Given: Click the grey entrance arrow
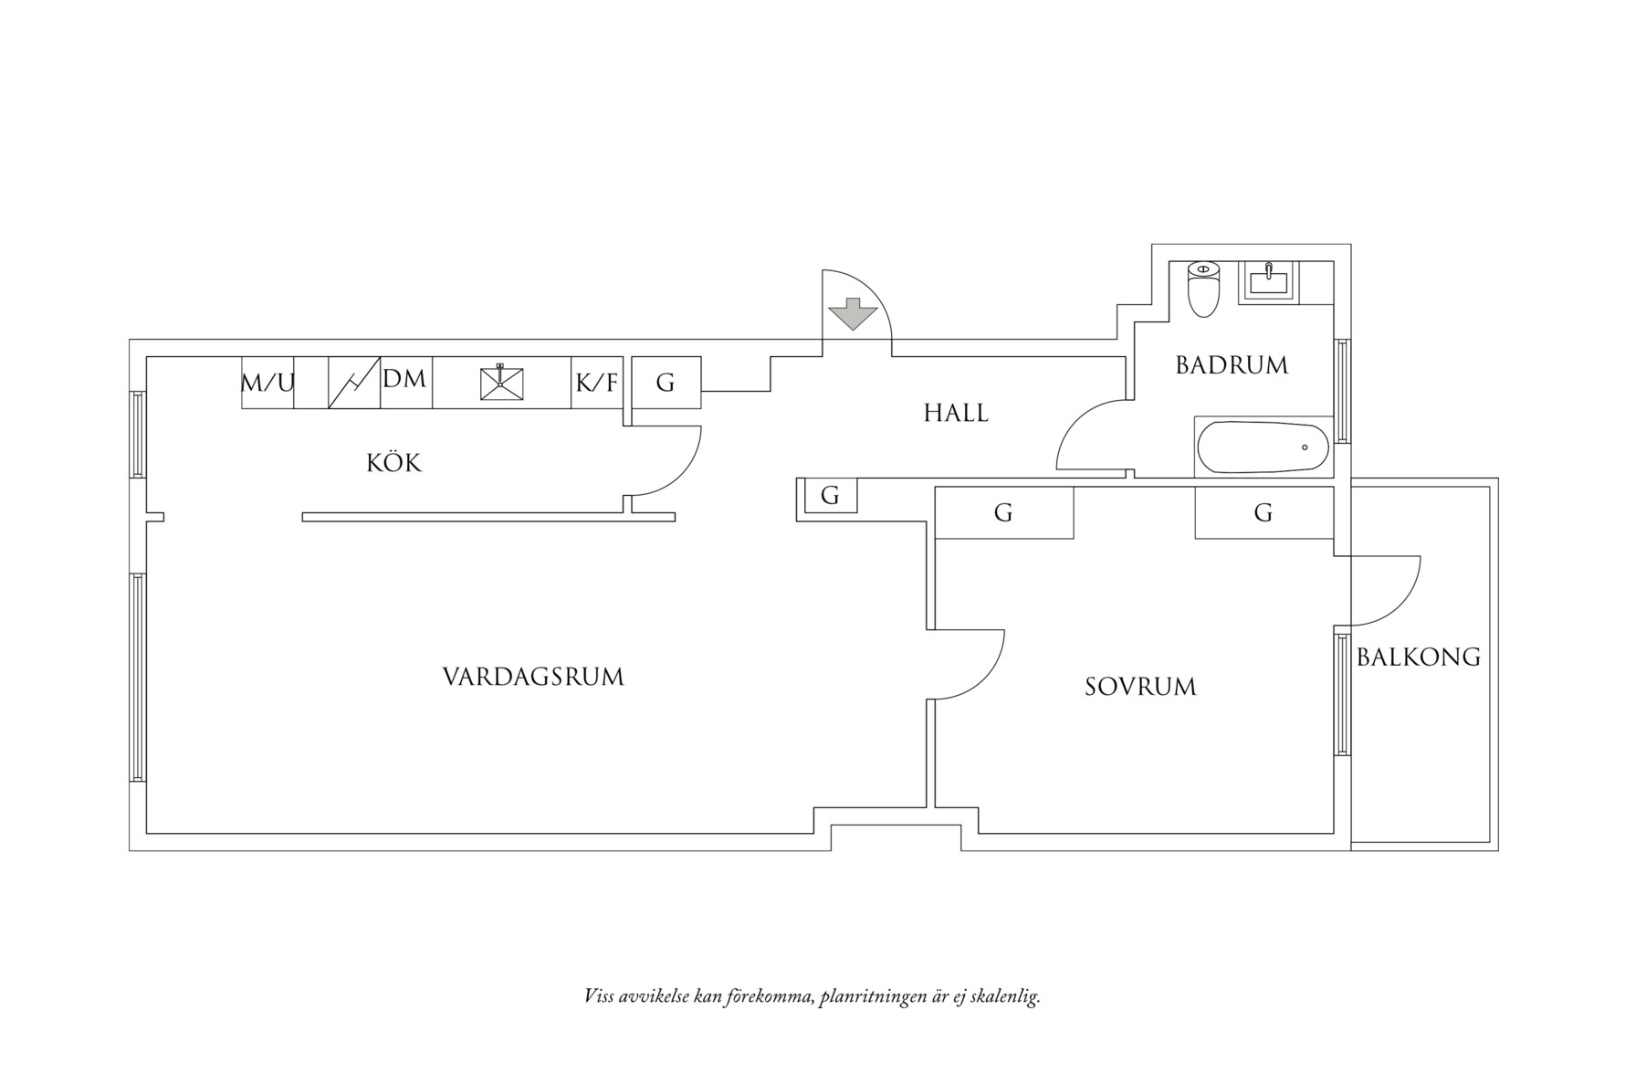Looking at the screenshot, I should [852, 314].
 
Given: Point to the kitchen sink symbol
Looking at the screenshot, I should [501, 382].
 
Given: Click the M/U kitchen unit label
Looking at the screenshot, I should [267, 383].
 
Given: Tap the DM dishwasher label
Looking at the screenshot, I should [404, 379].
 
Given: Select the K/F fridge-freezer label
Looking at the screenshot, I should [597, 383].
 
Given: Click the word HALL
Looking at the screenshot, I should [956, 414].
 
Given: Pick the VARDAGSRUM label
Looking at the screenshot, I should [533, 678].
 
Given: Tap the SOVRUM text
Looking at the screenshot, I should [1140, 687].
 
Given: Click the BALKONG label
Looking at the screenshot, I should [1418, 657].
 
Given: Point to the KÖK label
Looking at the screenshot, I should [394, 463].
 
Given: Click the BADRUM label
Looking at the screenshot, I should [1232, 365].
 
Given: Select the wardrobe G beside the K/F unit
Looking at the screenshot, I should [666, 384].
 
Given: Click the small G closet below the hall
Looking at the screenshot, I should [830, 496].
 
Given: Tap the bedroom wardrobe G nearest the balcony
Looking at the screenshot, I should [1263, 513].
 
